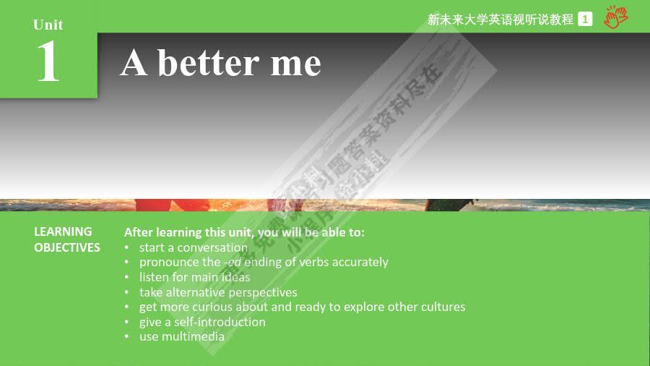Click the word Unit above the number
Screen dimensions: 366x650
[x=48, y=25]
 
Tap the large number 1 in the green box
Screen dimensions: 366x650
[x=48, y=62]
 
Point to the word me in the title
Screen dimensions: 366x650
[x=295, y=64]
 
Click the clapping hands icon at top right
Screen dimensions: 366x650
[x=616, y=17]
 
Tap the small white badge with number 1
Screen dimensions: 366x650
[x=585, y=20]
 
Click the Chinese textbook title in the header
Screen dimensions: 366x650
[x=500, y=20]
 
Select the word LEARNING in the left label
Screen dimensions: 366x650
[x=63, y=231]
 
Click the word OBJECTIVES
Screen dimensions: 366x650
[x=67, y=247]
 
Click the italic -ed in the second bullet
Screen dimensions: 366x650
[x=233, y=262]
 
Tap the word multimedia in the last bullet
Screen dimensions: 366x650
[x=193, y=336]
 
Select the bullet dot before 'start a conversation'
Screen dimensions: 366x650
[x=126, y=248]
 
